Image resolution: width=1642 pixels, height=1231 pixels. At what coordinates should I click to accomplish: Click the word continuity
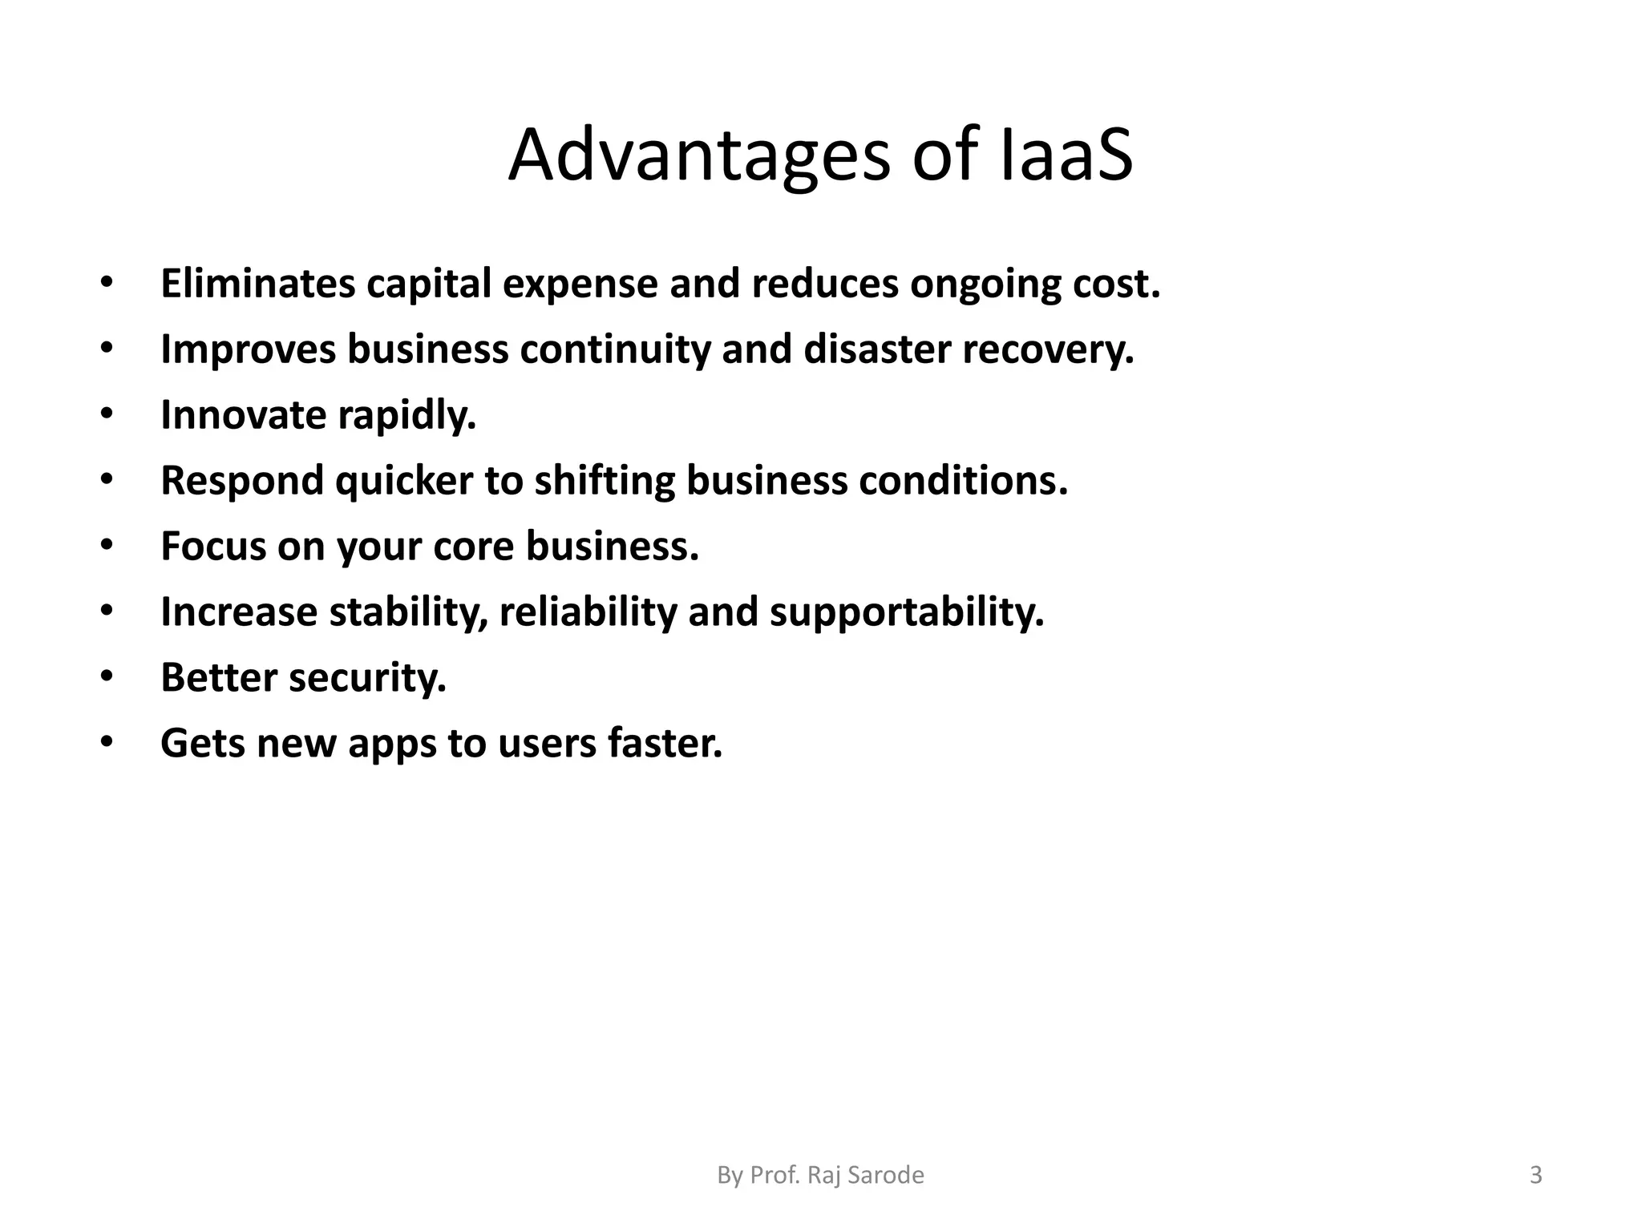click(x=615, y=349)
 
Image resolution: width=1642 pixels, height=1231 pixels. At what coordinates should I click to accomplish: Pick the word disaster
click(x=877, y=349)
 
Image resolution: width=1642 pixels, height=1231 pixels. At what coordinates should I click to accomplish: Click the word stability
click(x=409, y=612)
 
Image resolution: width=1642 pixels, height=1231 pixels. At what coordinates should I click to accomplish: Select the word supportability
click(x=907, y=612)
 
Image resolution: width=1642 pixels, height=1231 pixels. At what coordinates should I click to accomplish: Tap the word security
click(x=367, y=678)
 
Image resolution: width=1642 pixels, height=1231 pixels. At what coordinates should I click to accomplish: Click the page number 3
click(x=1535, y=1175)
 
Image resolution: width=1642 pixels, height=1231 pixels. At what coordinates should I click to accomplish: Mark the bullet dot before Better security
click(x=107, y=677)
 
